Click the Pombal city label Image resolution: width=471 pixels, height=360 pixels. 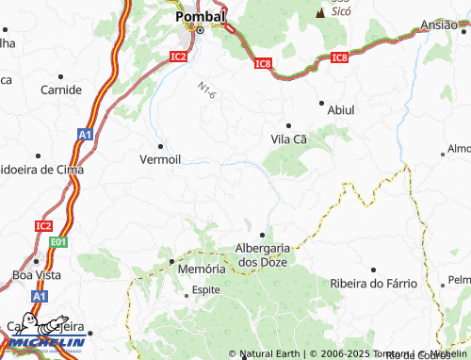click(201, 17)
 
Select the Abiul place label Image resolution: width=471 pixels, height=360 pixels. click(340, 110)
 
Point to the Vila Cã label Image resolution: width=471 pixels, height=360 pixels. click(289, 139)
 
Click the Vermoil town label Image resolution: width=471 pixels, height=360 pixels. click(159, 159)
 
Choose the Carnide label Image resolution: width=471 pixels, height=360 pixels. click(61, 90)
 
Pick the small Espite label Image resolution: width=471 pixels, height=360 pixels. click(205, 290)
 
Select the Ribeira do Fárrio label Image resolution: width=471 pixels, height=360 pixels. click(374, 284)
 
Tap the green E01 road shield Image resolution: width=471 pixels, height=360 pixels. click(59, 243)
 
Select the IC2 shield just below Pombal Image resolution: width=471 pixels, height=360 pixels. click(179, 57)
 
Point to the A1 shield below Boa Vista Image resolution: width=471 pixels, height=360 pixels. click(39, 296)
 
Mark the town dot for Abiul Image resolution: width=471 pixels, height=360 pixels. click(321, 102)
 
